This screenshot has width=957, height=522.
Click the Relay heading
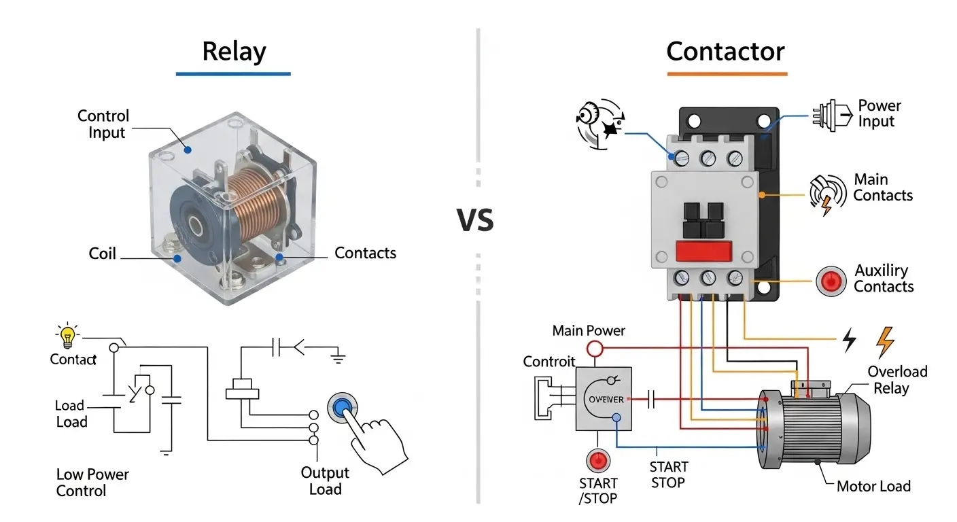click(x=234, y=52)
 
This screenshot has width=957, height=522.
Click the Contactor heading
click(x=725, y=52)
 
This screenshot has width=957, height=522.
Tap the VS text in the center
click(x=475, y=221)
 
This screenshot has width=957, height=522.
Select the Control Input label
click(x=103, y=124)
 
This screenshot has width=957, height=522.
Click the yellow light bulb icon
click(x=67, y=336)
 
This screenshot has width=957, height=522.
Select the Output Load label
click(x=325, y=481)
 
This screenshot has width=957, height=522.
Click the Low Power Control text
click(x=92, y=482)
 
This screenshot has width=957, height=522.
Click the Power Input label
click(x=880, y=114)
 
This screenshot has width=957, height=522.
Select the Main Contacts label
click(x=882, y=188)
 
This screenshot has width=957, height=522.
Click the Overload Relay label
click(x=897, y=379)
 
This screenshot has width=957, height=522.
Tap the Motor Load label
click(x=873, y=486)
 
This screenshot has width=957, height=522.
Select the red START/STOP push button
click(x=599, y=460)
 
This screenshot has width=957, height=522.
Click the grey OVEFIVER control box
click(x=604, y=399)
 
